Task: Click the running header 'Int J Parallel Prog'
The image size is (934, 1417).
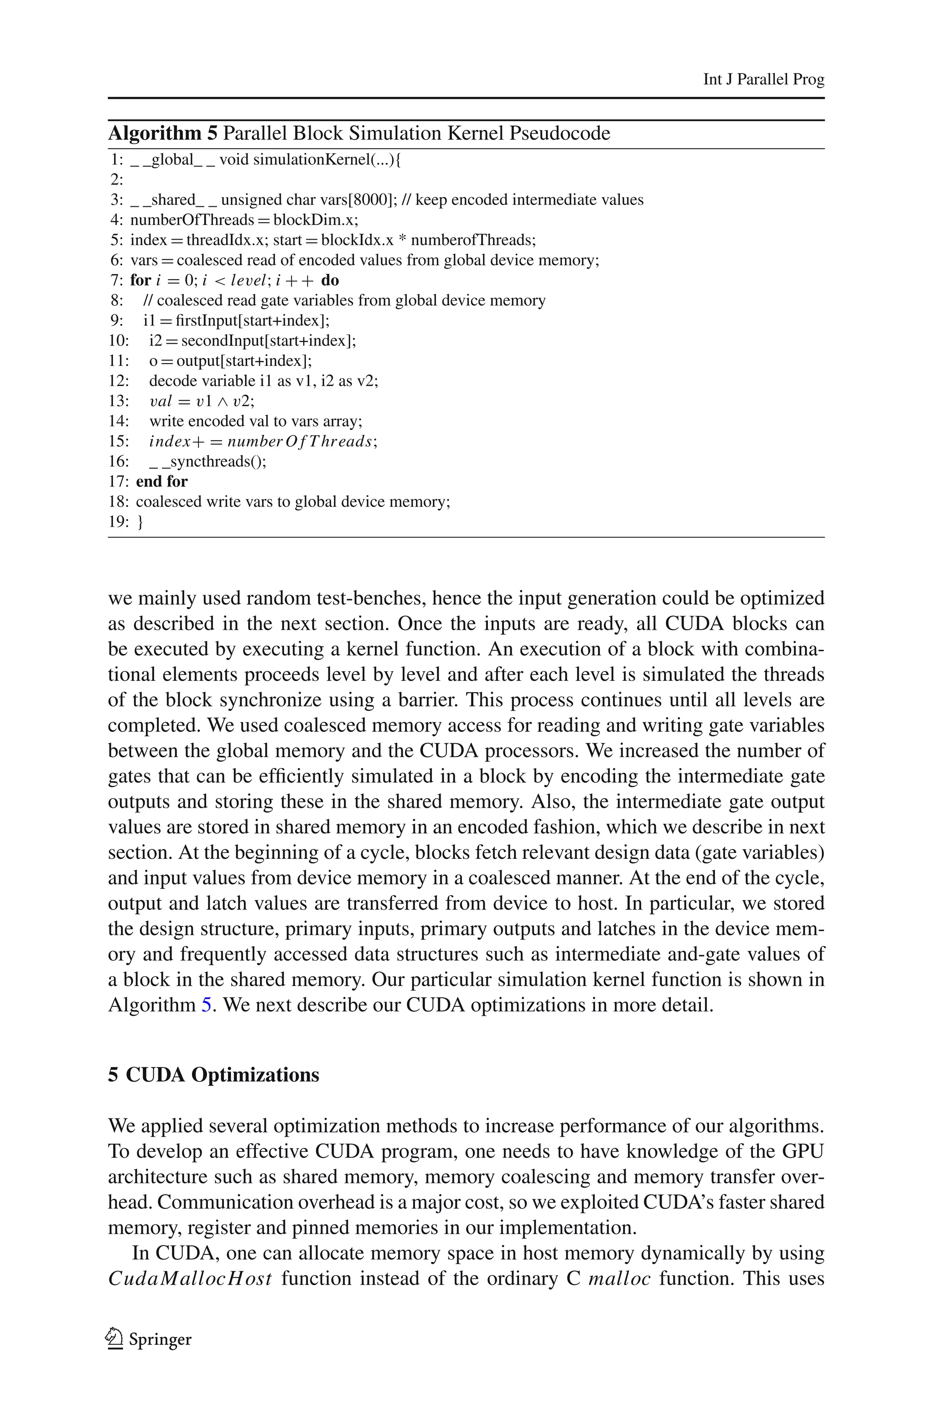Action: (x=763, y=79)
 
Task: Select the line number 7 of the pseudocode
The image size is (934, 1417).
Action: (x=116, y=280)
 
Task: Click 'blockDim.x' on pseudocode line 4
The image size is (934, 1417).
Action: (x=315, y=220)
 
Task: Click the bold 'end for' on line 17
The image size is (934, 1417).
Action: (x=161, y=481)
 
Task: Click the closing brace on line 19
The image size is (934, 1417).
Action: (x=140, y=522)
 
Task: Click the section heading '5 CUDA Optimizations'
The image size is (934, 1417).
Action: (x=213, y=1074)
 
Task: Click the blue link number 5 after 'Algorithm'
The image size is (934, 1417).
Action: (x=206, y=1004)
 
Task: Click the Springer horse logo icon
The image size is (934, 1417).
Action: (x=114, y=1339)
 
